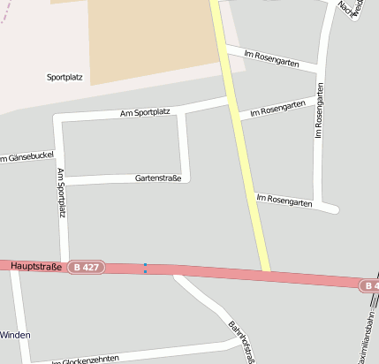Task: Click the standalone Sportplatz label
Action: click(64, 78)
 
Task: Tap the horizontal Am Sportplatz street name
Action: click(145, 112)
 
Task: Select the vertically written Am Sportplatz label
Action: click(61, 192)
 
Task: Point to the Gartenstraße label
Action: click(158, 178)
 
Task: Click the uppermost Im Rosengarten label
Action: click(281, 60)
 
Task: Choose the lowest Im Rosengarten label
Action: click(284, 201)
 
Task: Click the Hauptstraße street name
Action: click(36, 265)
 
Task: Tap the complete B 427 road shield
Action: click(87, 266)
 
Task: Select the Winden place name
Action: click(15, 335)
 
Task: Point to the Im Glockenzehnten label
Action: click(85, 359)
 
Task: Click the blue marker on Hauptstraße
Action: click(145, 268)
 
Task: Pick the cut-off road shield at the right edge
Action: click(370, 285)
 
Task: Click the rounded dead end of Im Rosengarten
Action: click(334, 209)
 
